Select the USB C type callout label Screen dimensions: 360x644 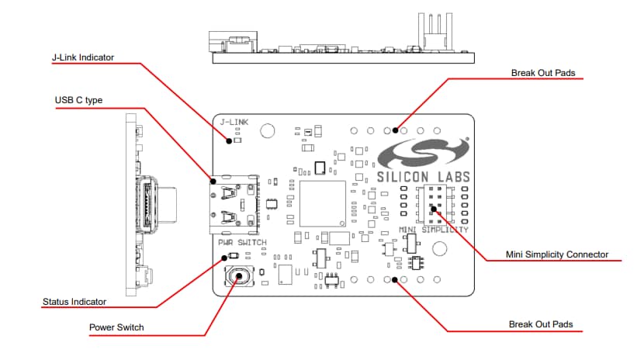(78, 100)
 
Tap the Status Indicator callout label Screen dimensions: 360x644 (74, 301)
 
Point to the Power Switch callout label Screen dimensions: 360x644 (116, 327)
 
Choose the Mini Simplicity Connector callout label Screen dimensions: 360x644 (556, 254)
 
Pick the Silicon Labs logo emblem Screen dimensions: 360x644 (424, 154)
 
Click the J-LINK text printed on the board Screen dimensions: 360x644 (234, 123)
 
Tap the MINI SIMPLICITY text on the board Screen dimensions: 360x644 (434, 230)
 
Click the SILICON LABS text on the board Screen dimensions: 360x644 (424, 176)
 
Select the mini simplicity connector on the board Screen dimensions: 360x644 (433, 206)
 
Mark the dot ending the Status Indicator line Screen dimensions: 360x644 (224, 258)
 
